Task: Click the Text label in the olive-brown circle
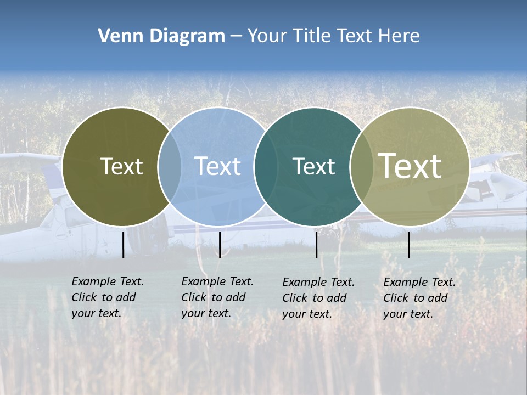click(121, 166)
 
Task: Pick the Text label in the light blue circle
click(217, 166)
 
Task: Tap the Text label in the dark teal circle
click(313, 166)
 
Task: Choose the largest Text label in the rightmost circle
click(410, 166)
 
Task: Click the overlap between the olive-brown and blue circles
click(170, 166)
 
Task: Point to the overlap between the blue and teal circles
click(266, 166)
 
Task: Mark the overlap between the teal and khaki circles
click(362, 166)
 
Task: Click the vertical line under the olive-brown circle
click(124, 245)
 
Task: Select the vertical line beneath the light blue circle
click(220, 245)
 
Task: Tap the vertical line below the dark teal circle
click(317, 245)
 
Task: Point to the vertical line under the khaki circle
click(409, 245)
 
